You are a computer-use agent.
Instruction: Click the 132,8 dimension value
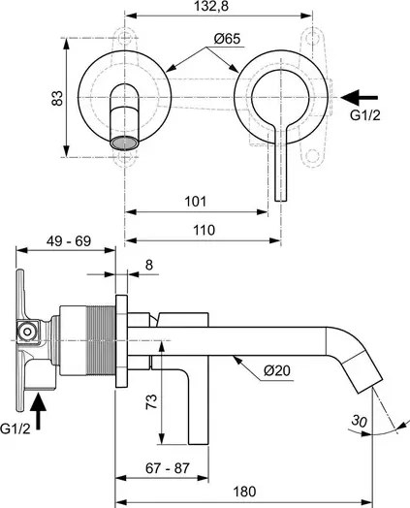click(x=211, y=6)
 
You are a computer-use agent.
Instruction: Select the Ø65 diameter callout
click(x=227, y=39)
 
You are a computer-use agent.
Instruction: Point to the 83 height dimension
click(x=57, y=98)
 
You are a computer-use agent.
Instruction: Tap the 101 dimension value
click(x=195, y=202)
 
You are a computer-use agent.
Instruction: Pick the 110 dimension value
click(x=204, y=230)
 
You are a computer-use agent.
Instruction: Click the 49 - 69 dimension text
click(x=69, y=241)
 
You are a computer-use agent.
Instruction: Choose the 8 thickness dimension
click(x=148, y=265)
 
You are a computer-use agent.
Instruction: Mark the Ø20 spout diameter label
click(x=277, y=370)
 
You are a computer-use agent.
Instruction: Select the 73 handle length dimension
click(x=152, y=401)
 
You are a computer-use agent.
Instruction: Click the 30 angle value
click(x=360, y=421)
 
